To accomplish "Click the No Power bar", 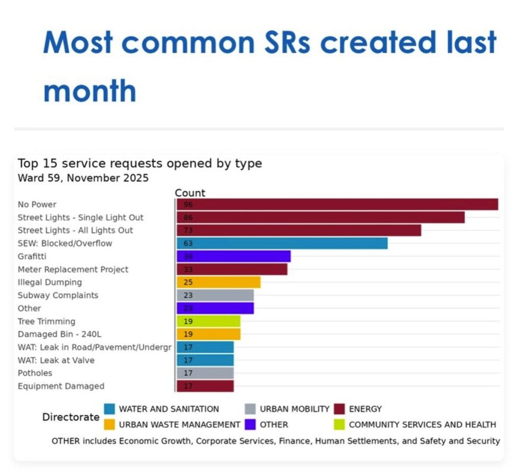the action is click(337, 204).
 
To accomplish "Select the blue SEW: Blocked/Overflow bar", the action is click(282, 243).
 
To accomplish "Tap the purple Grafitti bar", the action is click(233, 256).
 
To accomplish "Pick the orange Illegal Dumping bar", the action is click(219, 282).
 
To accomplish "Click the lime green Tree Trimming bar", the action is click(209, 321).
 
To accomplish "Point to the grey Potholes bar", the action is click(205, 373).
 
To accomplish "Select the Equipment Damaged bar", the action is click(205, 386).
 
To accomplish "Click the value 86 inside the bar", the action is click(188, 218).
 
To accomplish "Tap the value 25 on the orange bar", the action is click(188, 282).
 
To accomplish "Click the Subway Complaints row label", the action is click(58, 295).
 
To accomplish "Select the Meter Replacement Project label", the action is click(73, 269).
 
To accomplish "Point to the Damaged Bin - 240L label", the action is click(59, 334).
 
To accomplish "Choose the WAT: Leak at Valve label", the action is click(56, 360).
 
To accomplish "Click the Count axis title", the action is click(190, 193).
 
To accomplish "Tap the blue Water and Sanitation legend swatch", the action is click(110, 409).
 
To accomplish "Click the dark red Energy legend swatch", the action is click(339, 409).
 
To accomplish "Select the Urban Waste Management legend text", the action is click(180, 424).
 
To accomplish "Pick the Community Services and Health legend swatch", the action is click(339, 424).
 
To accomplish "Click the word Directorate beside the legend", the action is click(71, 417).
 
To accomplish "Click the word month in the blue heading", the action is click(90, 90).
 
